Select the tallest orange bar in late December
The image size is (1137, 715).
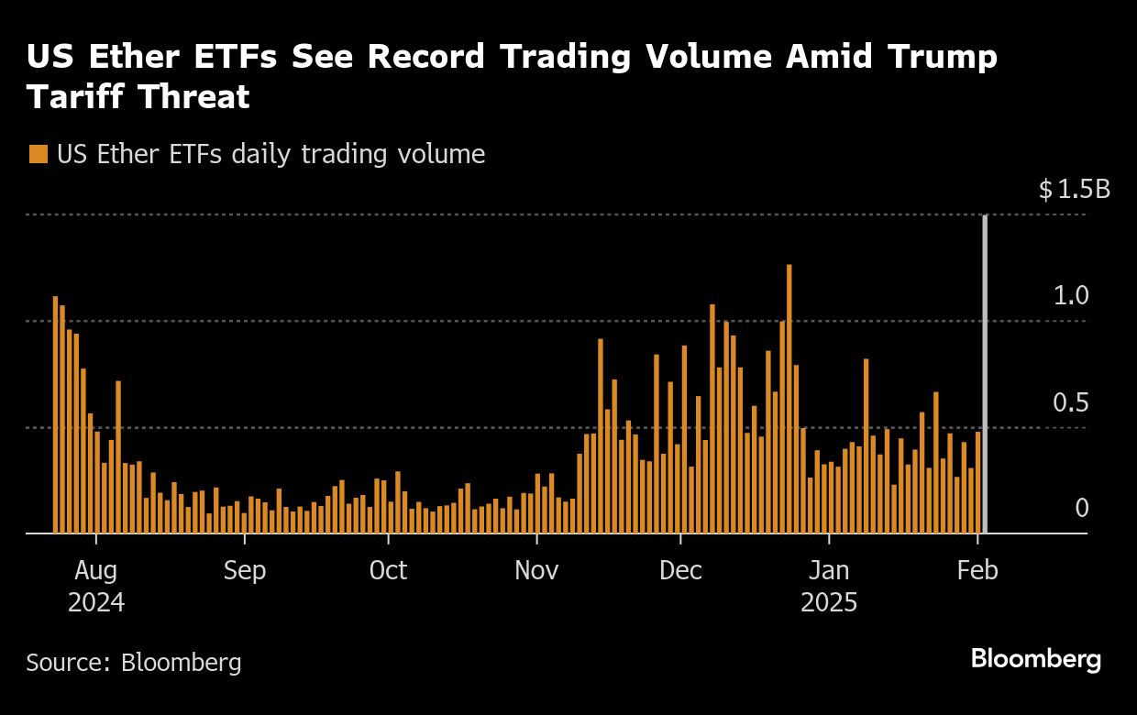tap(789, 399)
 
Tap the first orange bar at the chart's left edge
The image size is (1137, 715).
tap(56, 414)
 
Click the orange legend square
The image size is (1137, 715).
tap(38, 154)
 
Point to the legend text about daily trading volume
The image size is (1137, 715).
tap(270, 154)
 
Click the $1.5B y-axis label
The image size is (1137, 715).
tap(1074, 190)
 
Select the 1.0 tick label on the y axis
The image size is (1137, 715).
tap(1071, 296)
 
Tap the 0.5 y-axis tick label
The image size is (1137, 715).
tap(1071, 403)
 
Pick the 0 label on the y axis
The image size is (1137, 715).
tap(1082, 509)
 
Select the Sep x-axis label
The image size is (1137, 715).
tap(244, 570)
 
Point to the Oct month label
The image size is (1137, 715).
tap(388, 570)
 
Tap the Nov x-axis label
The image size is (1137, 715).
tap(536, 570)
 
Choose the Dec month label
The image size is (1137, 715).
tap(681, 570)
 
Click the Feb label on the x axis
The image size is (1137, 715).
tap(977, 570)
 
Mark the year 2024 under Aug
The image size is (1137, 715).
tap(96, 604)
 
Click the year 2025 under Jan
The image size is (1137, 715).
tap(829, 604)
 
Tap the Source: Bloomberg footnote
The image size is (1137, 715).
tap(134, 662)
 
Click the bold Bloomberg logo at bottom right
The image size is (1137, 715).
tap(1036, 658)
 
